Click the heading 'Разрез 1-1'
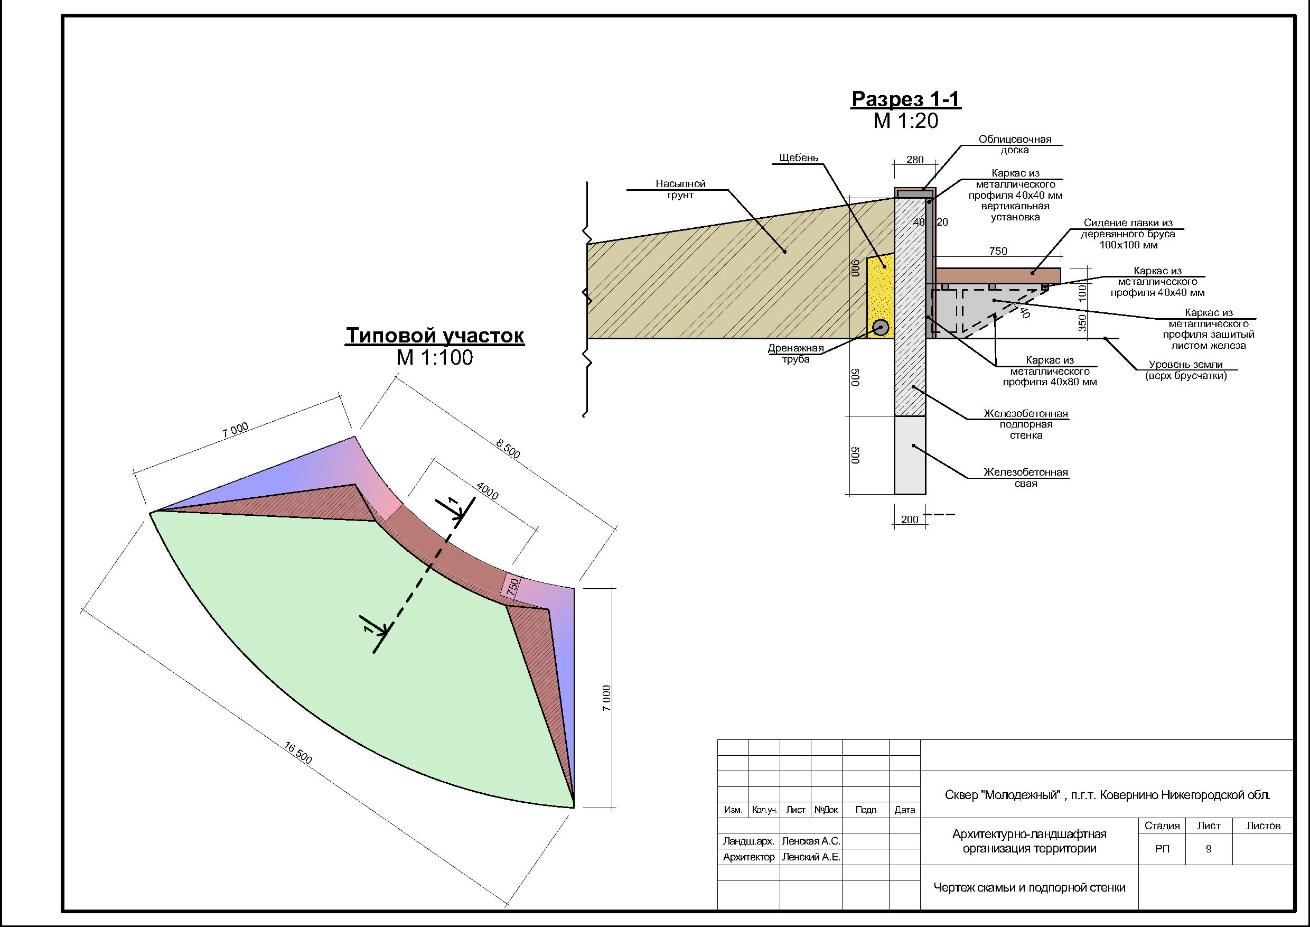(906, 99)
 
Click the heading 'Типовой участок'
(435, 336)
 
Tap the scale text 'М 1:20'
(906, 121)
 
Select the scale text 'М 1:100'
(435, 358)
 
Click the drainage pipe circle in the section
(881, 328)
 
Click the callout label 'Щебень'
(798, 157)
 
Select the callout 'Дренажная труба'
(796, 354)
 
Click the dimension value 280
(914, 160)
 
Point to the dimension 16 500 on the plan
(298, 753)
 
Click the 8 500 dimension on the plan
(508, 448)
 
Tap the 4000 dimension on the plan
(486, 491)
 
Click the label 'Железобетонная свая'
(1025, 478)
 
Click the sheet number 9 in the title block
(1209, 849)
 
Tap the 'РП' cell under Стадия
(1162, 849)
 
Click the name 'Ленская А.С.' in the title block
(810, 841)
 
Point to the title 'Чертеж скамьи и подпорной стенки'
(1030, 887)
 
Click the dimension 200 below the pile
(910, 520)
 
